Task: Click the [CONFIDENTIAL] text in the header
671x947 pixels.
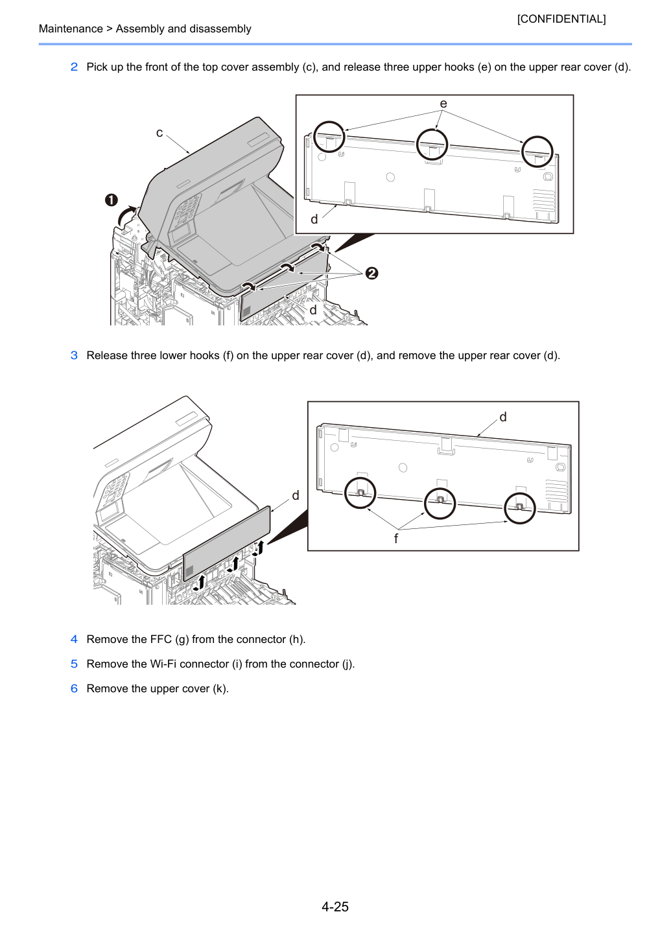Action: tap(561, 19)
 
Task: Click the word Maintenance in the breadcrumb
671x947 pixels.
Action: tap(71, 29)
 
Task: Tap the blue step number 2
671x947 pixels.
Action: tap(74, 67)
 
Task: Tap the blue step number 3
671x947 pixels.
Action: tap(74, 355)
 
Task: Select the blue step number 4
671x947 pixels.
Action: tap(74, 639)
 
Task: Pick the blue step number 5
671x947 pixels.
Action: tap(74, 664)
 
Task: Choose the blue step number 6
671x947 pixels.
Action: tap(74, 688)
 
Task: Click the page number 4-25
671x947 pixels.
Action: tap(335, 906)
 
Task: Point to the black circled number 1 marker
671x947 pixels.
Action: tap(112, 200)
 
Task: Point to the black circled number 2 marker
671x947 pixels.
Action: tap(371, 273)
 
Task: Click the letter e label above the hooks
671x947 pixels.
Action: tap(443, 104)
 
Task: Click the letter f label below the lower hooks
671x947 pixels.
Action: tap(395, 538)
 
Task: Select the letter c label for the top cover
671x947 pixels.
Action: tap(159, 133)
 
